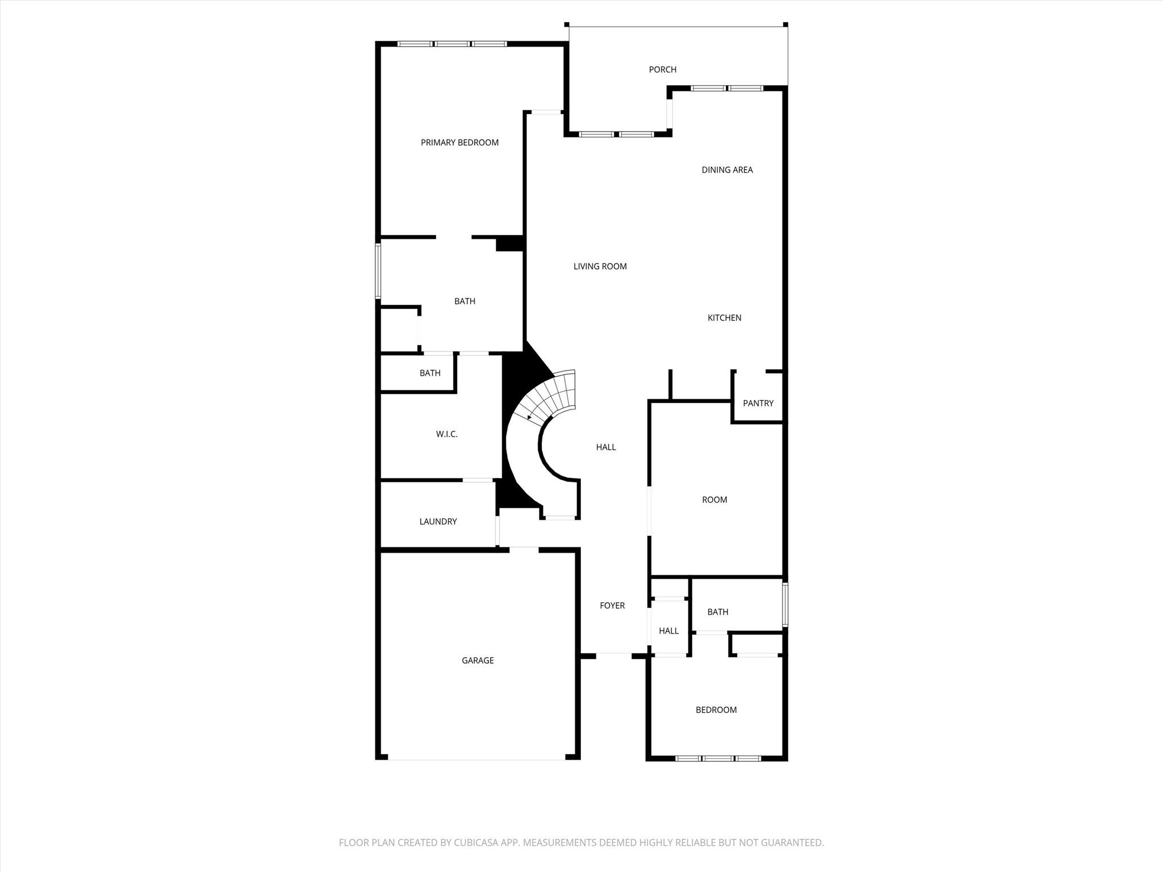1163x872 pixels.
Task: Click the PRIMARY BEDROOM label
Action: pos(459,142)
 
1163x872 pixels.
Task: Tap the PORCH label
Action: pos(662,69)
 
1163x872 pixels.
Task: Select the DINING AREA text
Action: pos(727,170)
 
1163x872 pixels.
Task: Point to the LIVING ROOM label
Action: pos(600,266)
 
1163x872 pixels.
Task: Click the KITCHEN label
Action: pos(724,318)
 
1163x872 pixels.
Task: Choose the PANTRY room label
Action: pos(758,403)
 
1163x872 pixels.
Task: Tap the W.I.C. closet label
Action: pos(446,434)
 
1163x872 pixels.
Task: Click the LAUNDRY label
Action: pos(438,522)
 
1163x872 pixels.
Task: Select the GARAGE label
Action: pos(478,660)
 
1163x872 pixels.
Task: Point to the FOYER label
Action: pos(612,606)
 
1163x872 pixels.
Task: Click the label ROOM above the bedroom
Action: pos(714,500)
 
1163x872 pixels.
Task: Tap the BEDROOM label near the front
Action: pos(716,710)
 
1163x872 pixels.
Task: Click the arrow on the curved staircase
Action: pos(530,417)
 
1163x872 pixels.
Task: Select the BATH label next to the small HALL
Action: pos(717,612)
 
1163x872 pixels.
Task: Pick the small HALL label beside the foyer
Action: pos(668,631)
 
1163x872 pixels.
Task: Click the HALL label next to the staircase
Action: pos(606,447)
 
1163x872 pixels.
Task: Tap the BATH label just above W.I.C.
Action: pos(430,373)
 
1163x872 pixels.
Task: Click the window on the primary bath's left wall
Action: pos(378,271)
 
